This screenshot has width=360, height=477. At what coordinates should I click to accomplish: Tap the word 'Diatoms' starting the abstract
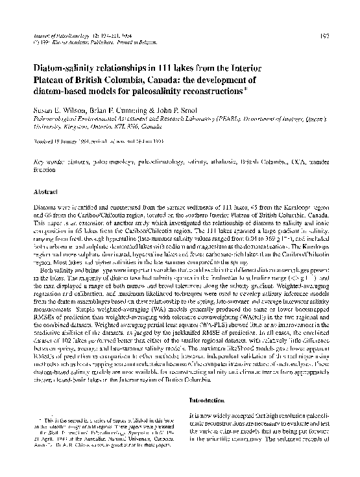coord(49,208)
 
